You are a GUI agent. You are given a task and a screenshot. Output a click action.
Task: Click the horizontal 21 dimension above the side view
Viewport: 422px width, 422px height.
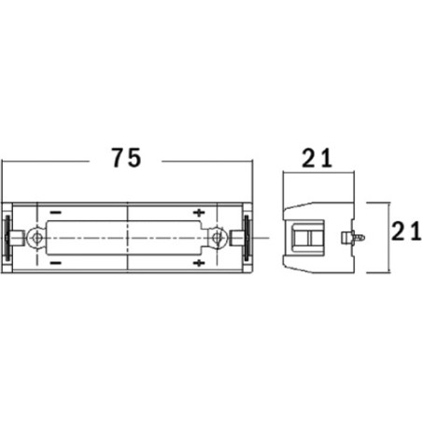click(x=317, y=159)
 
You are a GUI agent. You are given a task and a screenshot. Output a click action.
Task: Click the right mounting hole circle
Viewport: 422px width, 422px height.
click(x=218, y=238)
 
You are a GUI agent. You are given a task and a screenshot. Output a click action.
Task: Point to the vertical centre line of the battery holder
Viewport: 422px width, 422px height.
click(x=127, y=237)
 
